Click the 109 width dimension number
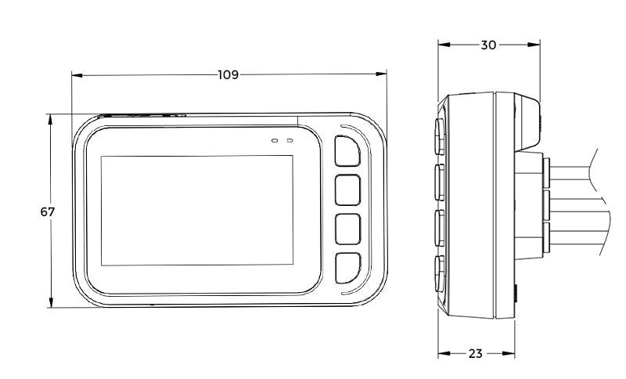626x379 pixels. click(x=228, y=75)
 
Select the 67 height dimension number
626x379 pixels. click(x=47, y=212)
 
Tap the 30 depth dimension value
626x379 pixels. click(x=488, y=45)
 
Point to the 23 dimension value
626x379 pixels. click(x=475, y=353)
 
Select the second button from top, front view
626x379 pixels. click(x=347, y=189)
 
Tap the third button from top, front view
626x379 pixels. click(x=347, y=229)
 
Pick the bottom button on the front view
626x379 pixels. click(x=347, y=267)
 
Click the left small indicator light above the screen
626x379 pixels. click(x=275, y=141)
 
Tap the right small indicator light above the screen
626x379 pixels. click(x=289, y=141)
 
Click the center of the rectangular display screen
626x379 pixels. click(x=196, y=209)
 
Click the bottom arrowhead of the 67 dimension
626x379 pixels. click(x=51, y=303)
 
